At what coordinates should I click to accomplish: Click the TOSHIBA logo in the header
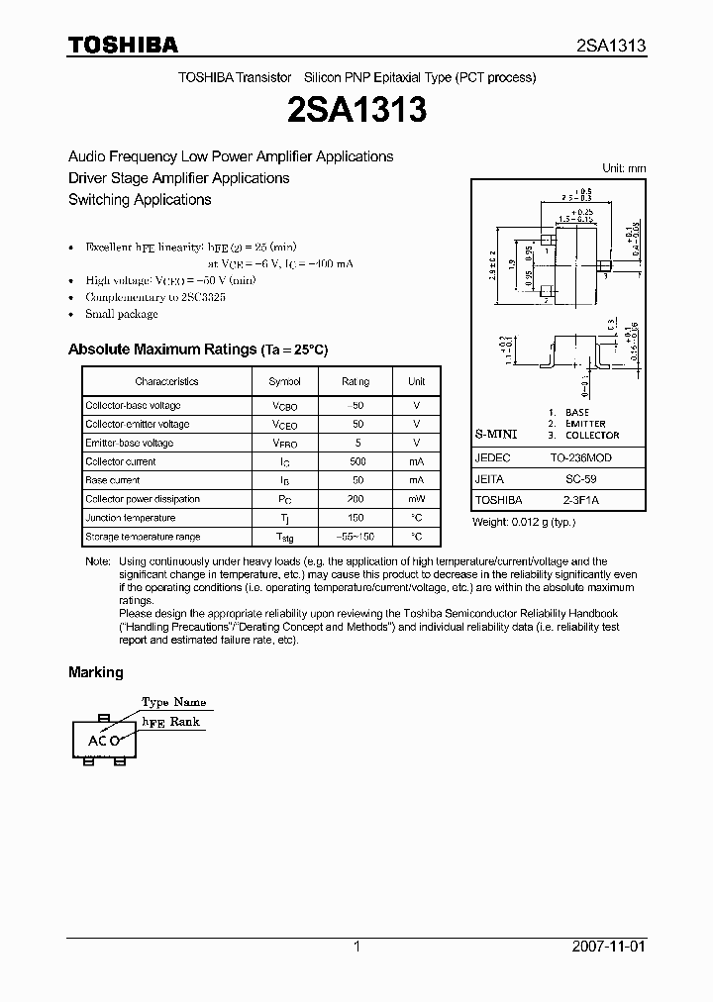click(x=122, y=45)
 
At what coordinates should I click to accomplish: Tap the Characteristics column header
click(x=166, y=381)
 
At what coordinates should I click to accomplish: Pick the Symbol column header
click(x=284, y=381)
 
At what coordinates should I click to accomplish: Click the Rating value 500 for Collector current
click(x=357, y=461)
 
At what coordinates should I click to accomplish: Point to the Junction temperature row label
click(x=130, y=518)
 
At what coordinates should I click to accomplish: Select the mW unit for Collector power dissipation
click(x=416, y=499)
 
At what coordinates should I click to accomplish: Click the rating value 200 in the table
click(x=357, y=499)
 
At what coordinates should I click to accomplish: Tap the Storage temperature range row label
click(x=143, y=537)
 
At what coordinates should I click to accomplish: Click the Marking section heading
click(x=96, y=672)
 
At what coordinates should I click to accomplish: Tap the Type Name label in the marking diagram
click(x=173, y=702)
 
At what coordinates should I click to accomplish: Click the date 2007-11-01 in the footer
click(x=608, y=947)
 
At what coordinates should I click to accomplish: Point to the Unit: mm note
click(x=624, y=168)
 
